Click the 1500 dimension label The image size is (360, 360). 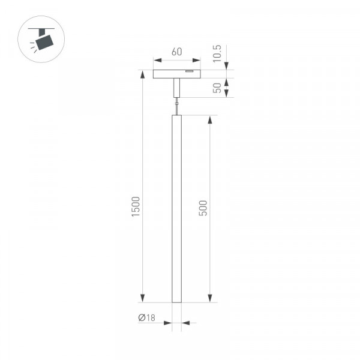(x=136, y=206)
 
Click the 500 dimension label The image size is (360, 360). (x=203, y=208)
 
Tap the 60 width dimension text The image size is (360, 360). (x=177, y=52)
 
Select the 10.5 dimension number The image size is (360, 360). (x=217, y=53)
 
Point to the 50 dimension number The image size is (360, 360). (x=217, y=88)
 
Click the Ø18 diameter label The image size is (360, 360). (x=147, y=318)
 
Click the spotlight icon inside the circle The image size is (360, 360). (x=41, y=40)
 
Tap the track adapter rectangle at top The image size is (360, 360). (x=177, y=74)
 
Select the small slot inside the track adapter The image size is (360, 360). (x=190, y=71)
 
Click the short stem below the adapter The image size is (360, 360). (x=176, y=88)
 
